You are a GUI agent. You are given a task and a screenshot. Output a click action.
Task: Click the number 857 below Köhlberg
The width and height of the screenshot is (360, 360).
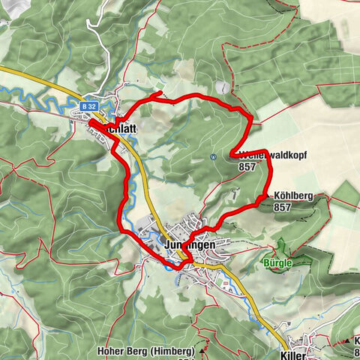click(x=282, y=207)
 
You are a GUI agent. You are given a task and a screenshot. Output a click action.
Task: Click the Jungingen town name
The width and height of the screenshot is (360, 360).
click(x=189, y=244)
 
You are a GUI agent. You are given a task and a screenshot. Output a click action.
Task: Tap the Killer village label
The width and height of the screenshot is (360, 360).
click(x=294, y=352)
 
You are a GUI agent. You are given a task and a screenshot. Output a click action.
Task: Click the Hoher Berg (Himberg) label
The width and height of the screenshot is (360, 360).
click(x=145, y=351)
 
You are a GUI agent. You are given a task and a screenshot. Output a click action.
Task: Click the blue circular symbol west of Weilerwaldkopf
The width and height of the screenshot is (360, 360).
click(x=214, y=157)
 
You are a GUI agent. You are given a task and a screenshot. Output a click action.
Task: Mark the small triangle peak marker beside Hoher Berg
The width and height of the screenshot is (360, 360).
click(x=201, y=351)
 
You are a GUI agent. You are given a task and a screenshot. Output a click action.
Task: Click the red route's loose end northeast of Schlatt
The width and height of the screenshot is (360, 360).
click(x=163, y=93)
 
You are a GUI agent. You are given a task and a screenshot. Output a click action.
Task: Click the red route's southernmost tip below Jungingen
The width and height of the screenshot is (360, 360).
click(x=178, y=268)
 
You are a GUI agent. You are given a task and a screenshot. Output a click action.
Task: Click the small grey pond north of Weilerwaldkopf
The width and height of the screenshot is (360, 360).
click(x=220, y=88)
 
